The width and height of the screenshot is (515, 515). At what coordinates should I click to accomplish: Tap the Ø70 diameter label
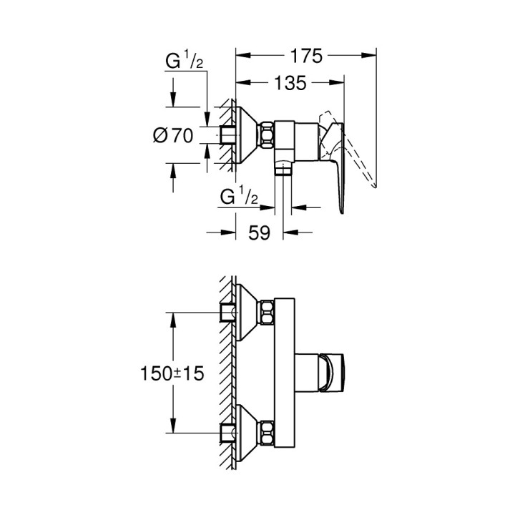(174, 134)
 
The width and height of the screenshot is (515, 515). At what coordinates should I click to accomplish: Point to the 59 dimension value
(260, 233)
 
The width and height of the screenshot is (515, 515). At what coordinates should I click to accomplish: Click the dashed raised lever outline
(358, 154)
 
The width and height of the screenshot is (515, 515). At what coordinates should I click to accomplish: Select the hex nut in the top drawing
(268, 134)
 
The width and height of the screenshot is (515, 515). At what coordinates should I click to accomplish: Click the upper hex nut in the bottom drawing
(268, 312)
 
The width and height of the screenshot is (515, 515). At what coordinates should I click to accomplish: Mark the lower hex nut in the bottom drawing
(268, 432)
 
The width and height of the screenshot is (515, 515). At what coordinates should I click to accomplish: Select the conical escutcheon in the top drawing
(248, 134)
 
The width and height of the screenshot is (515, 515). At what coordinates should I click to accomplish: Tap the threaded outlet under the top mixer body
(284, 169)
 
